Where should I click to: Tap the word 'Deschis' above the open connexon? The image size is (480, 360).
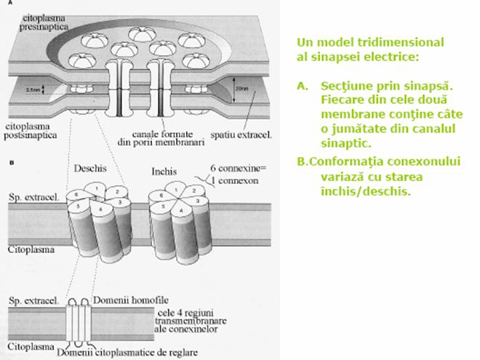pyautogui.click(x=90, y=168)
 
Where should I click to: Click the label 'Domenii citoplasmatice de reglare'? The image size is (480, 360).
pyautogui.click(x=103, y=351)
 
